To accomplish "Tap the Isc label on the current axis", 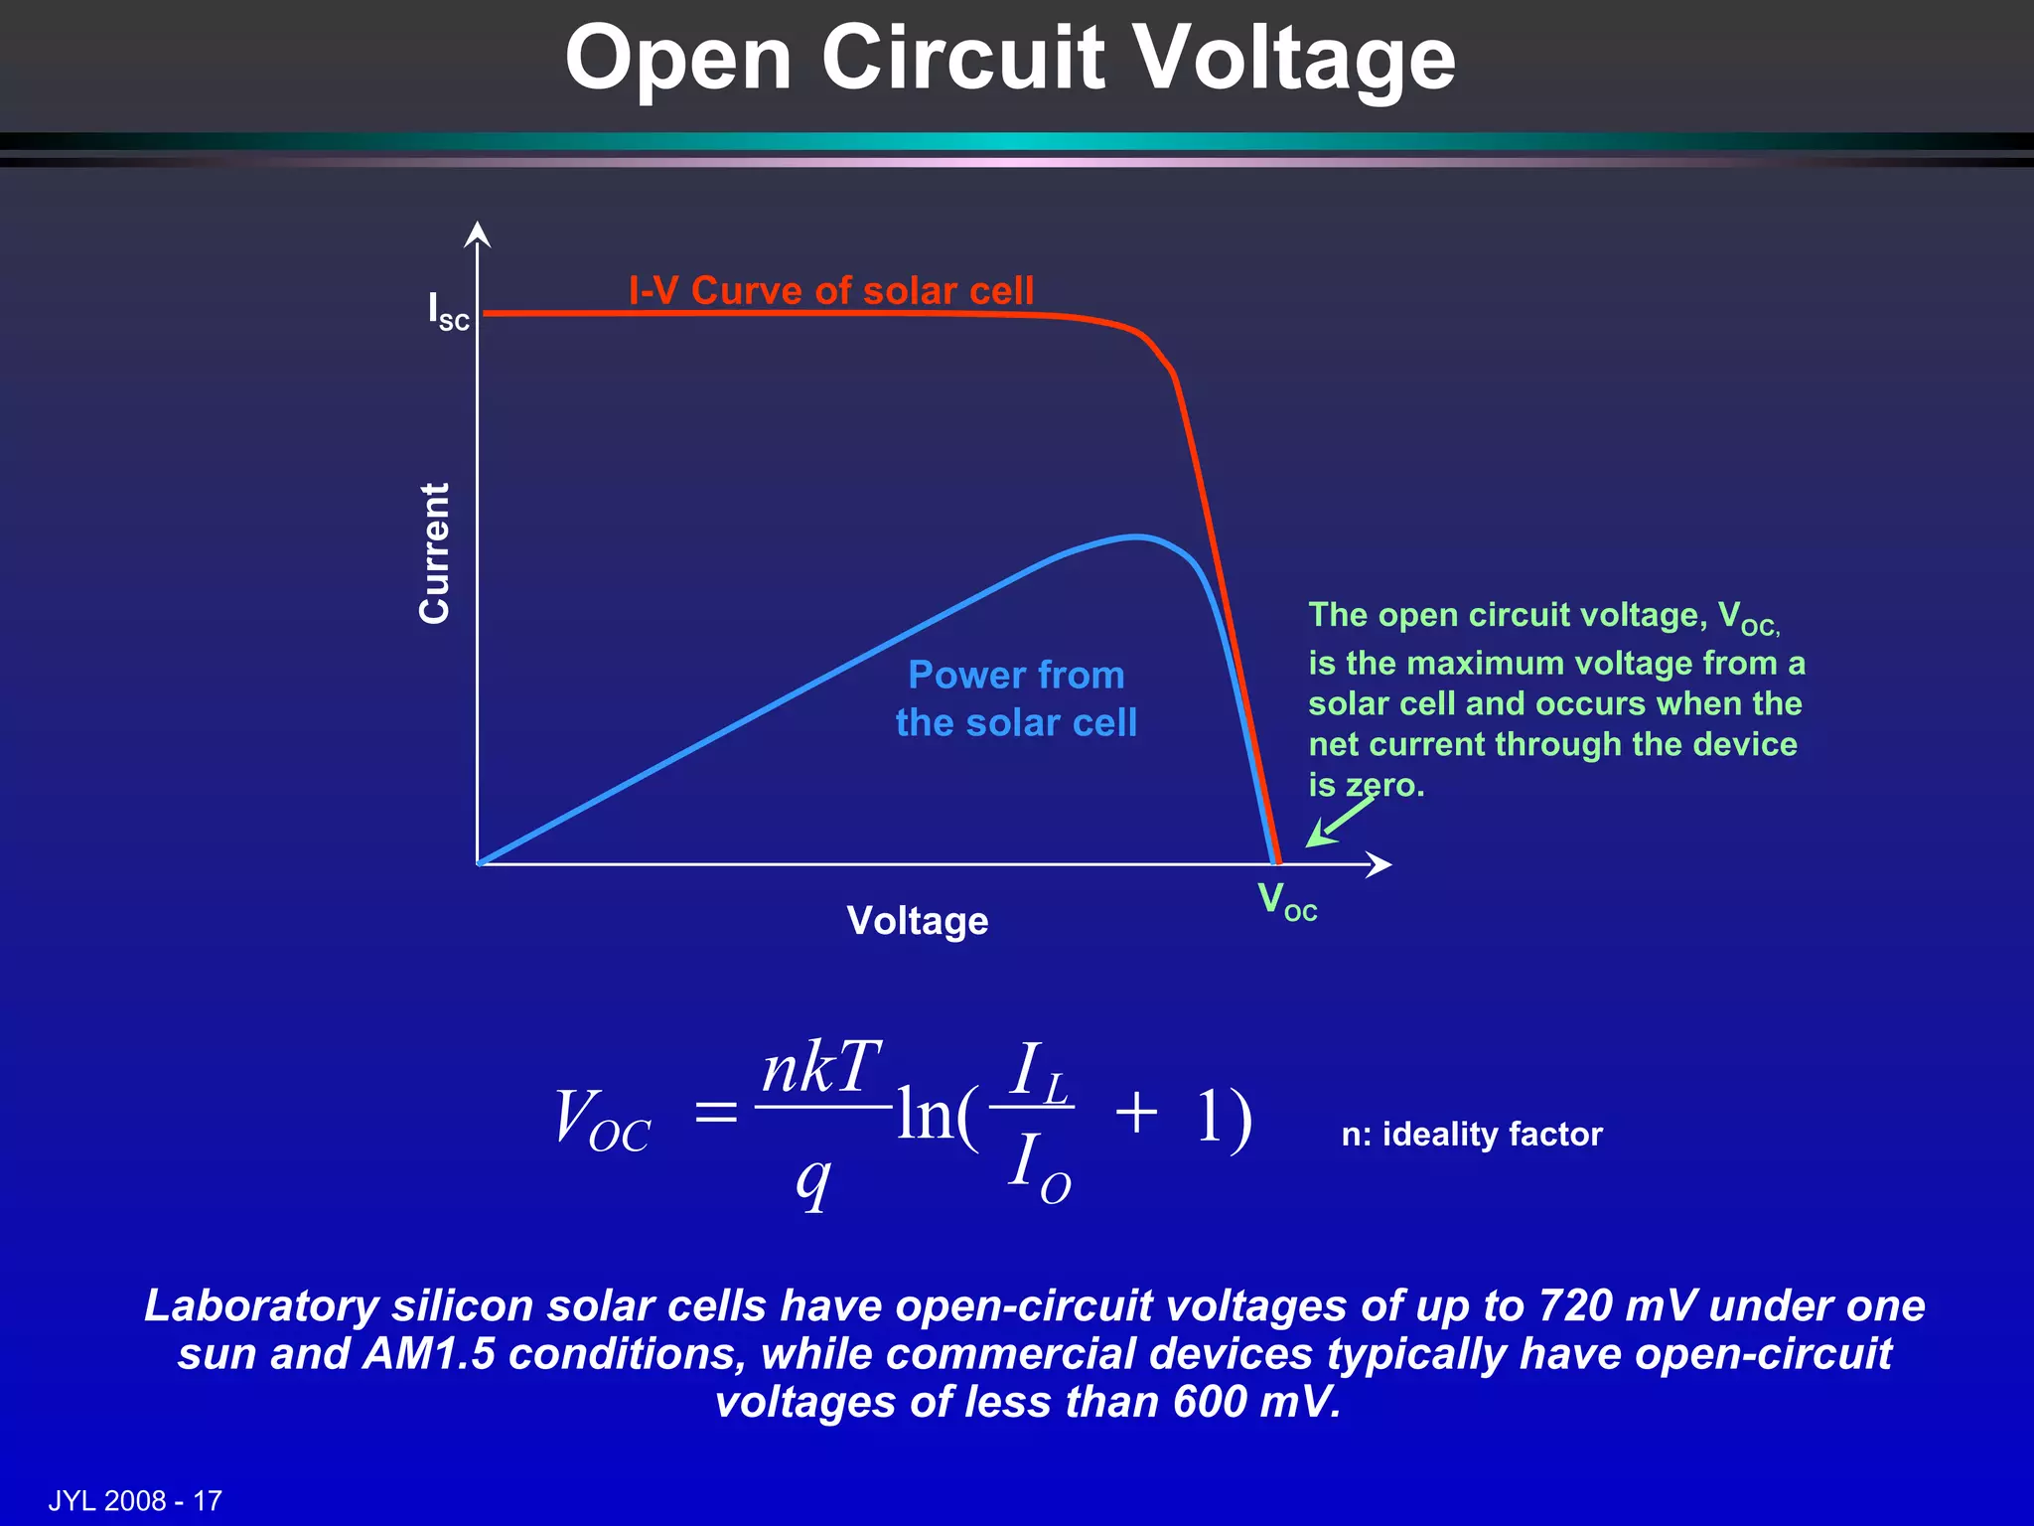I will (448, 311).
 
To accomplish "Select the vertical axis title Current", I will (435, 553).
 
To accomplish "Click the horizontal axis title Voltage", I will (918, 921).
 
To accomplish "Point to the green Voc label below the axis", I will (1286, 902).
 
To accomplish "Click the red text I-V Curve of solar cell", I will (831, 291).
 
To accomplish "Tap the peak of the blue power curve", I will (1137, 537).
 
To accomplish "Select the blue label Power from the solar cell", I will (1016, 698).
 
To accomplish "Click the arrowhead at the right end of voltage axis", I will (1380, 864).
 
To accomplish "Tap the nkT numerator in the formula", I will (821, 1069).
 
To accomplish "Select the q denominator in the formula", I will (813, 1181).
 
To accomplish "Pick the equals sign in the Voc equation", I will (716, 1112).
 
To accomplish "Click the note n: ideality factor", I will (1472, 1135).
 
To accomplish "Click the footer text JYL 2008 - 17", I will (135, 1500).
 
